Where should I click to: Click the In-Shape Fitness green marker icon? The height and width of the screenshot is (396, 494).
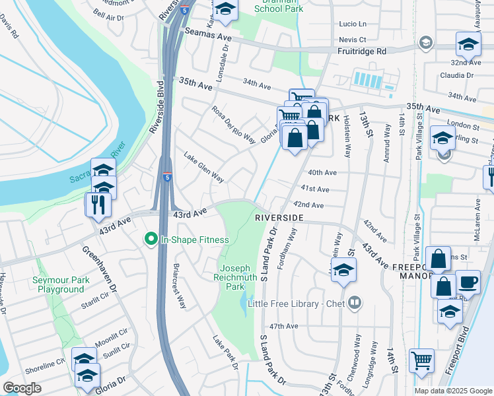(151, 239)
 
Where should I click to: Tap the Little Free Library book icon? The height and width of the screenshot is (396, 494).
(355, 303)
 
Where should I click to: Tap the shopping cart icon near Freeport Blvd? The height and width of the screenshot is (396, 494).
(421, 360)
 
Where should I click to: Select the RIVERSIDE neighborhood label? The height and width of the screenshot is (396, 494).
(279, 217)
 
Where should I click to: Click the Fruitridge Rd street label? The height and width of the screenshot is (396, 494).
(361, 51)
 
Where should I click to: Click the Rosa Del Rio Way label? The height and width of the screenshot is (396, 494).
(233, 125)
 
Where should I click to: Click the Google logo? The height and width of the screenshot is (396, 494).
(22, 388)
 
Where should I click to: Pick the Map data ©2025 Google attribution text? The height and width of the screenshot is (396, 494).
(454, 391)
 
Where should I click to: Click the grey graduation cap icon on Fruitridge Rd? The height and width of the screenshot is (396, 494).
(425, 44)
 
